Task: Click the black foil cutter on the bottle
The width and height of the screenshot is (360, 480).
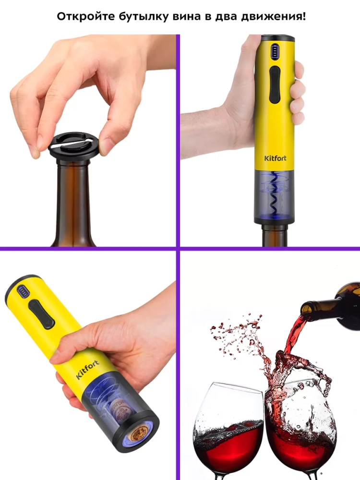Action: coord(74,146)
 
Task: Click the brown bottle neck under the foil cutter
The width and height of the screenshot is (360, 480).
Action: coord(74,202)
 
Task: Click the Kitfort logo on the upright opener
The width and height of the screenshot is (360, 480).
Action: coord(275,158)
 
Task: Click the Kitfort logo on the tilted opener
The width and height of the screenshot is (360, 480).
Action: coord(87,370)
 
